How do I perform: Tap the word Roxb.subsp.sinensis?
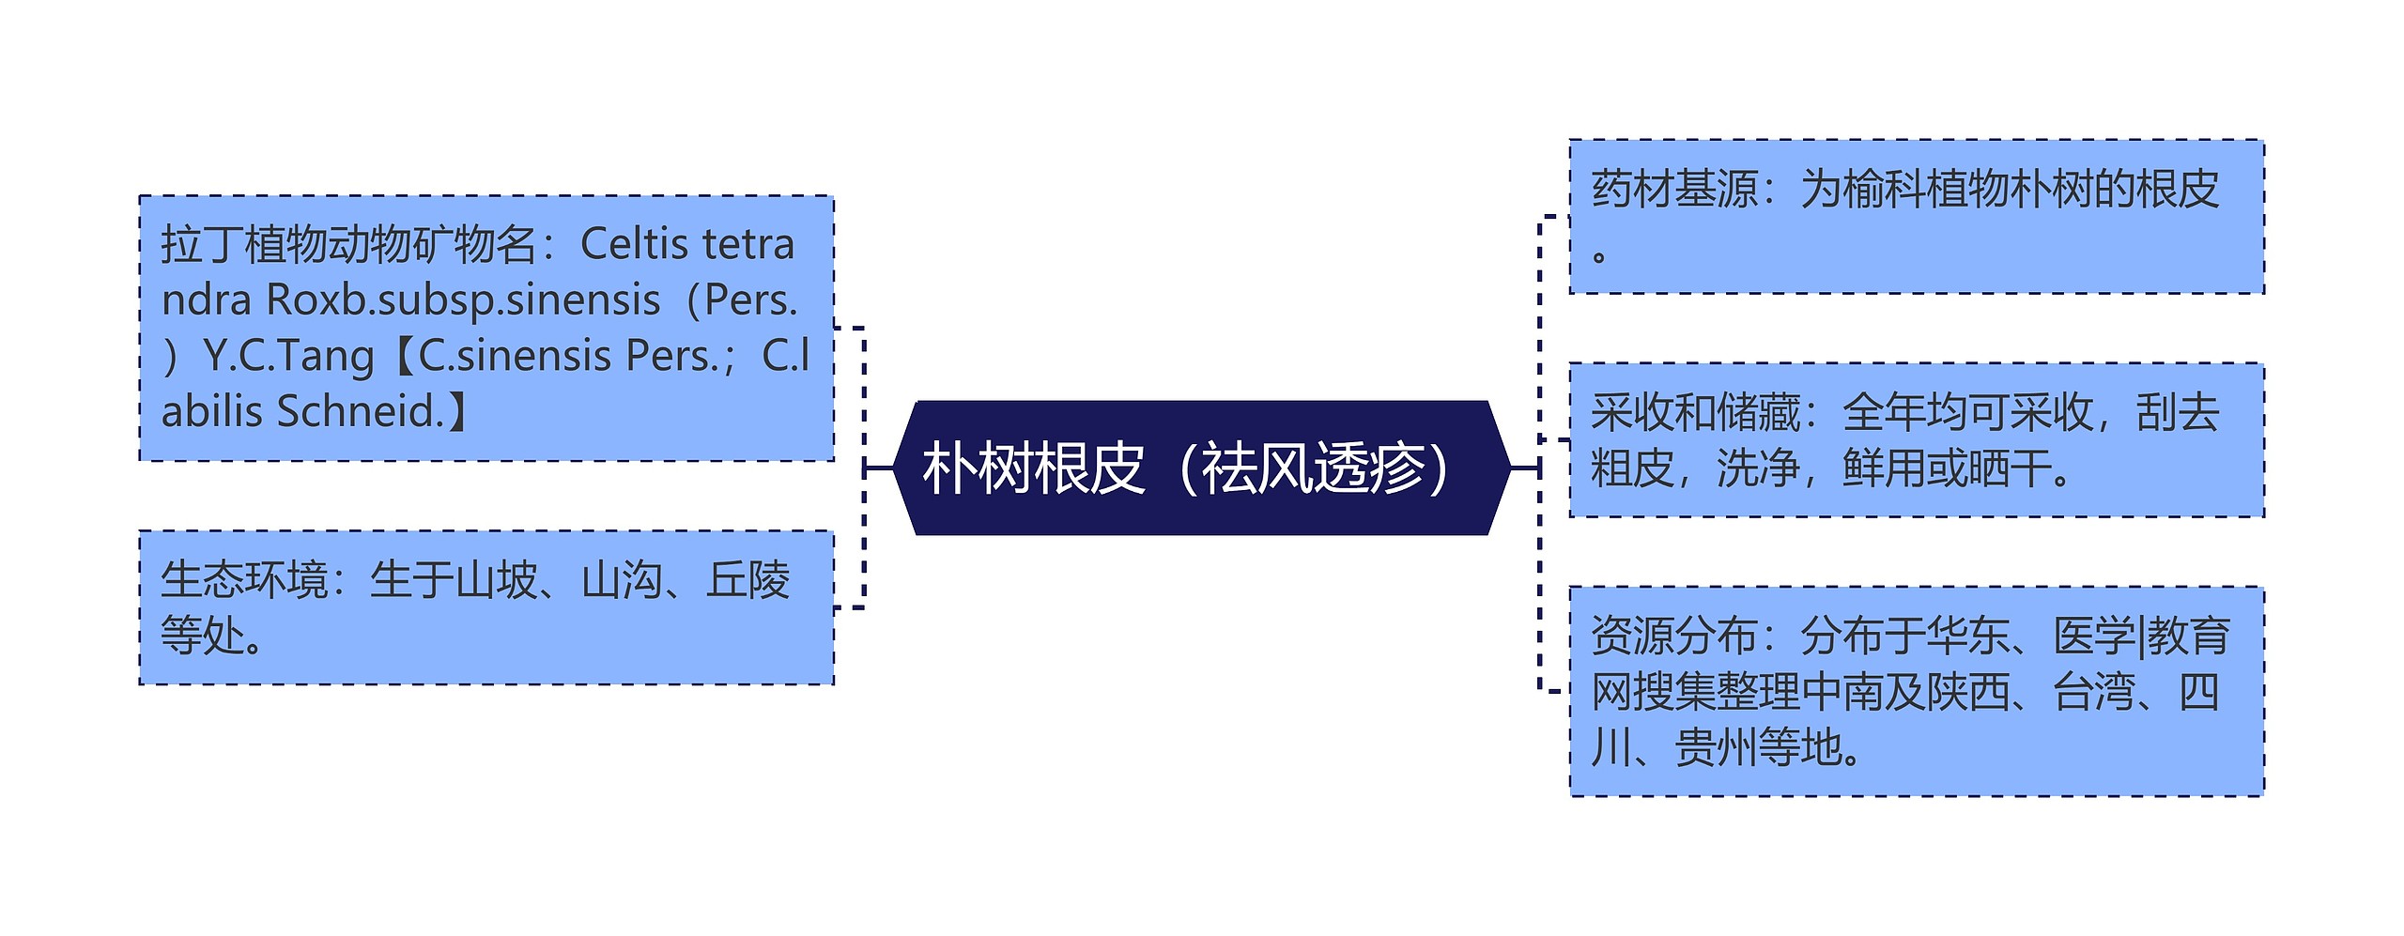464,300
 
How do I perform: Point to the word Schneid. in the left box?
361,411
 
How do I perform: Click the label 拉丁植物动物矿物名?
348,245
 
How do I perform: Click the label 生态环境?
244,579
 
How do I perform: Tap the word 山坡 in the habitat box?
495,579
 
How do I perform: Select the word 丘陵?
747,579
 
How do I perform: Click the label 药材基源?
1674,189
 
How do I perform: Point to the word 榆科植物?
1926,189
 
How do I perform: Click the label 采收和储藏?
1695,412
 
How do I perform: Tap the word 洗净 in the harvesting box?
1758,468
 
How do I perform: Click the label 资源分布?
1674,636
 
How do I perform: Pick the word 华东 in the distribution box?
1968,636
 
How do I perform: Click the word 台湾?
2094,692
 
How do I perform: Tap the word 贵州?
1717,747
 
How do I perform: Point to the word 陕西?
1968,692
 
